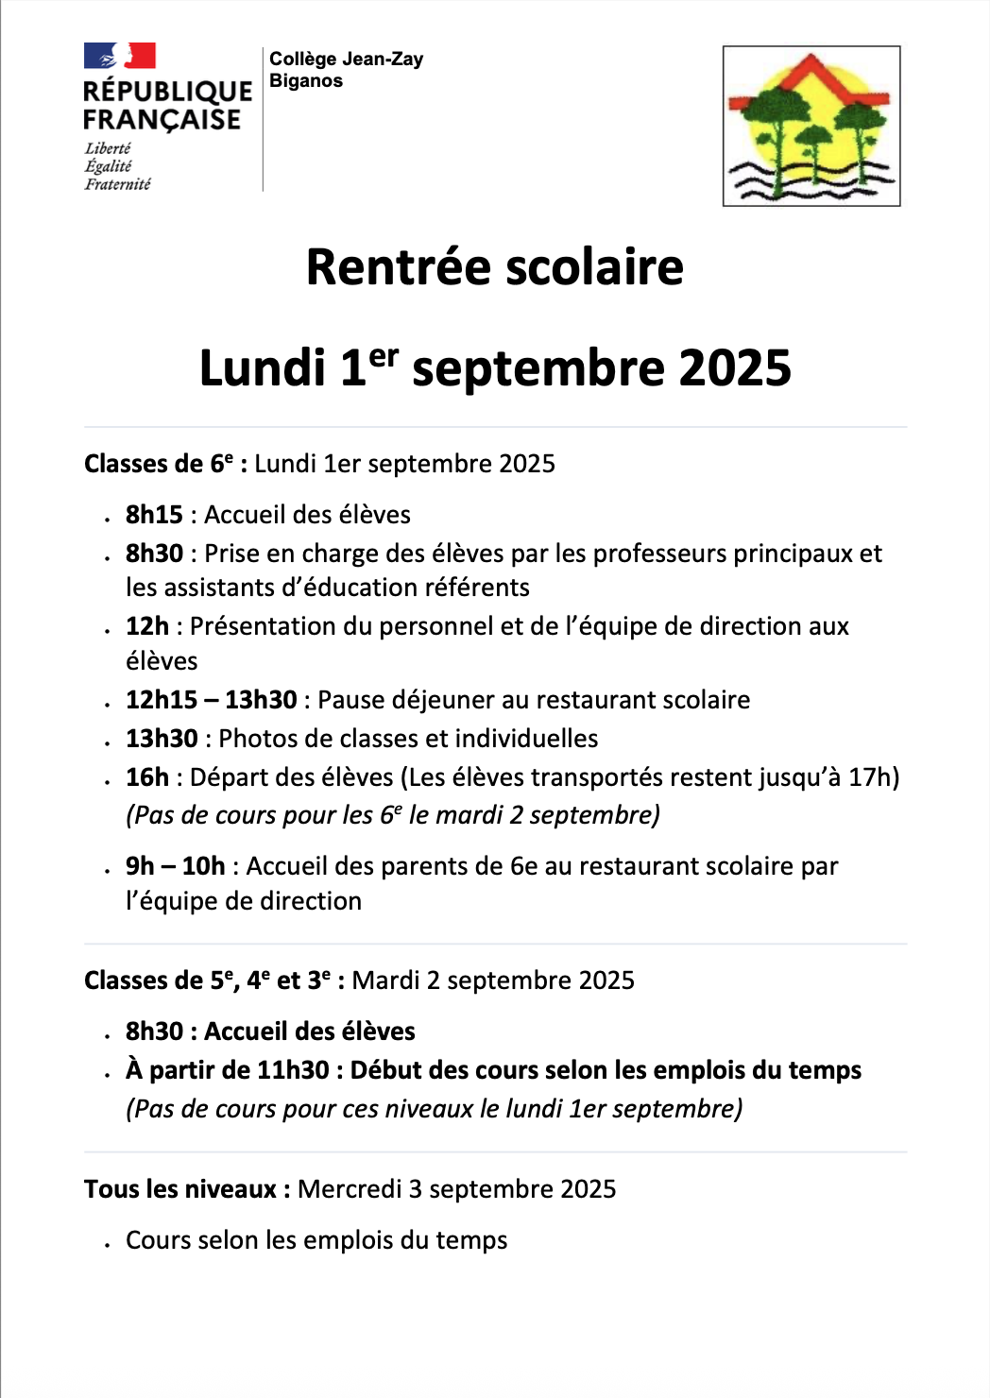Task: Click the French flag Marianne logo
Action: [x=119, y=56]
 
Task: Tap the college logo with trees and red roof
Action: [x=811, y=126]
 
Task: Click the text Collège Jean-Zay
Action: [x=346, y=59]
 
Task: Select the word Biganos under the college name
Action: [x=306, y=81]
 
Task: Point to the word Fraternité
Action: [x=117, y=184]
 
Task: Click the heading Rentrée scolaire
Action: [x=494, y=267]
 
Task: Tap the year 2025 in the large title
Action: [x=734, y=368]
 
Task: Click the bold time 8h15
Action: [x=154, y=515]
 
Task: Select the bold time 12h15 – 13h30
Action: [x=211, y=700]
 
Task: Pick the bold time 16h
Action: [x=146, y=777]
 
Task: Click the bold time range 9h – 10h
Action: [x=175, y=866]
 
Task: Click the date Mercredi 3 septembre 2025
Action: [x=456, y=1189]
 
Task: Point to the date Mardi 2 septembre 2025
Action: [x=492, y=980]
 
